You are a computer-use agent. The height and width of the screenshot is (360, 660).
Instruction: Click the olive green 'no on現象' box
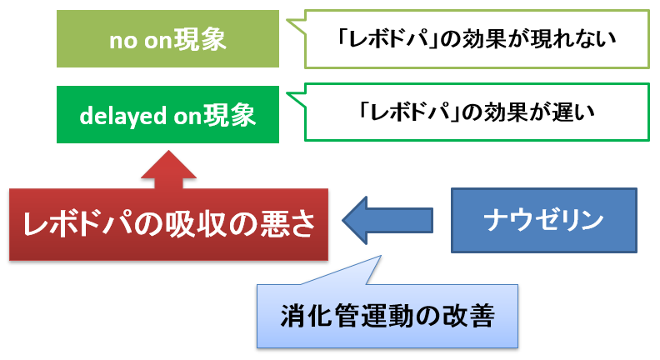click(x=167, y=38)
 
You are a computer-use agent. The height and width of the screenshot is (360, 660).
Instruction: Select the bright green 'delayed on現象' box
click(x=167, y=114)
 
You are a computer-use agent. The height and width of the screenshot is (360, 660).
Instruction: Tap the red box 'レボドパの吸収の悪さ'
click(x=168, y=224)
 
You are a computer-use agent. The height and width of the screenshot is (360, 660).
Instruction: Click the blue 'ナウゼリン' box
click(x=544, y=220)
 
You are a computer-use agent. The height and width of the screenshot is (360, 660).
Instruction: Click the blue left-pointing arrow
click(x=387, y=220)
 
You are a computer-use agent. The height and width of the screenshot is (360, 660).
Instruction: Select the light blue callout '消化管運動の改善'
click(x=387, y=316)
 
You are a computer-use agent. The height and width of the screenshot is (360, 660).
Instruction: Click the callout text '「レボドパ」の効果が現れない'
click(x=477, y=39)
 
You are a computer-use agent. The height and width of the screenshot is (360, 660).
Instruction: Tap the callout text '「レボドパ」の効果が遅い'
click(x=477, y=112)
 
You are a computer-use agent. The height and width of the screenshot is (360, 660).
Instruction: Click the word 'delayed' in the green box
click(x=122, y=116)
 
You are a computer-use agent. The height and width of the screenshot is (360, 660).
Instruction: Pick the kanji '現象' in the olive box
click(x=200, y=39)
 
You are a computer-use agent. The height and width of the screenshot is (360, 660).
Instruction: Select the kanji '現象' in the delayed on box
click(x=230, y=115)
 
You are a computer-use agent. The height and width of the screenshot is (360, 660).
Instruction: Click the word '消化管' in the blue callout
click(x=320, y=315)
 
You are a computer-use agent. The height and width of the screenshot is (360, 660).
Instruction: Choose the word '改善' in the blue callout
click(x=468, y=315)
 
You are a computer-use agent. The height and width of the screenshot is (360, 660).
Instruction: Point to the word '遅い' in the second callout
click(x=573, y=112)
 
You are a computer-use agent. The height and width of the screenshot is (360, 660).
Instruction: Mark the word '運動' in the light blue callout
click(x=387, y=315)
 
